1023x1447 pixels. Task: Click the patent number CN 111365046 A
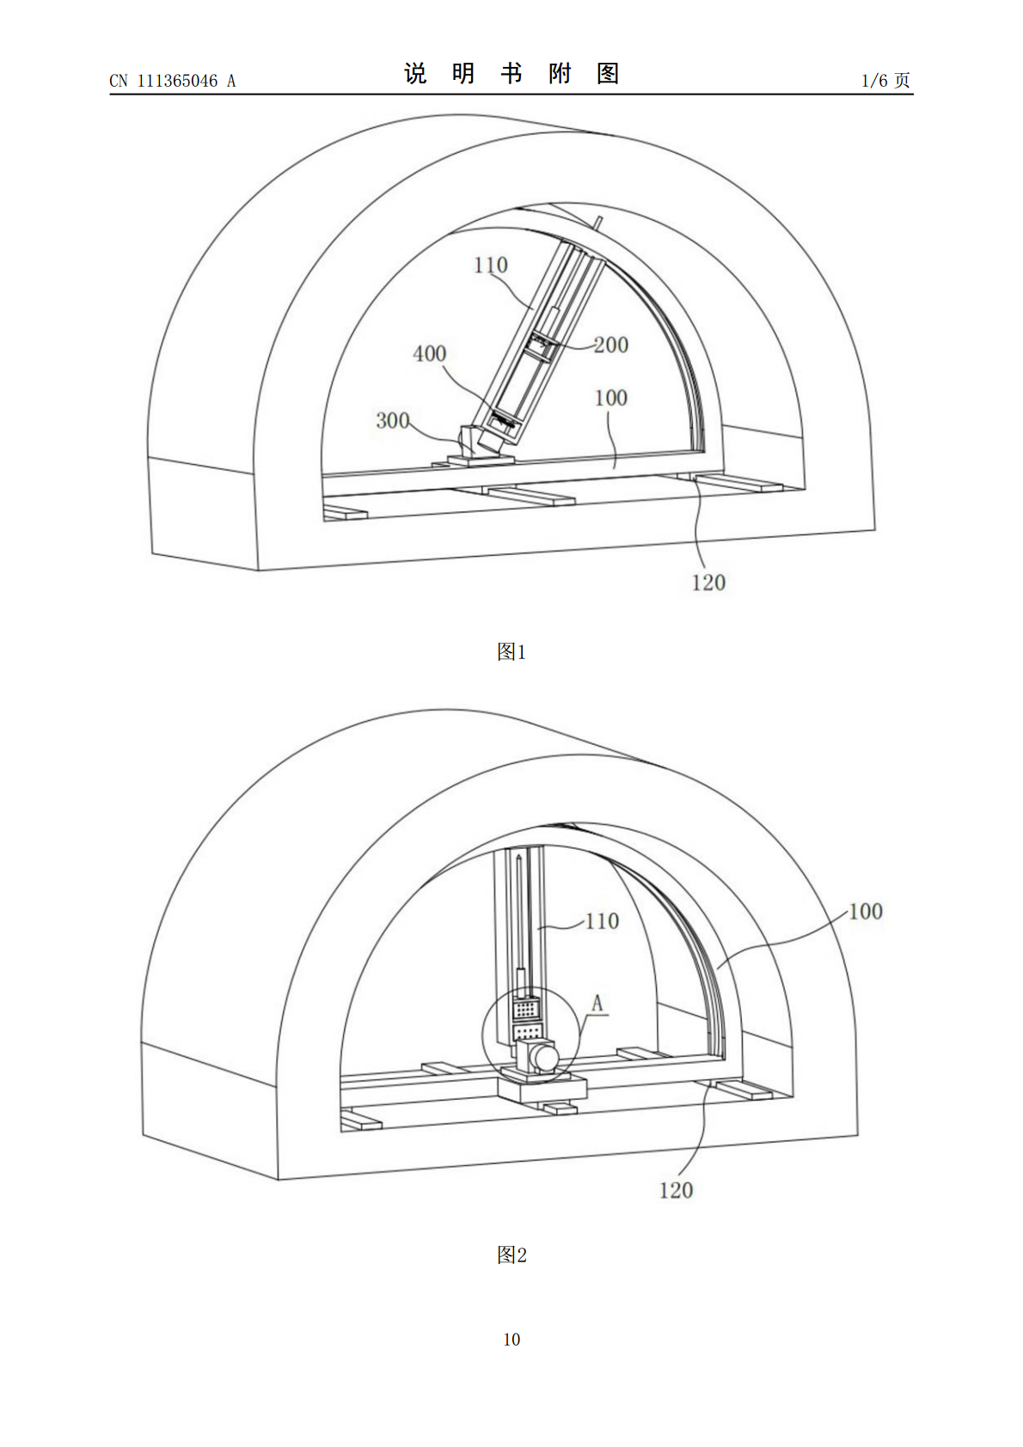[x=173, y=81]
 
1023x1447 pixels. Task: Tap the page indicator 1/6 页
[x=885, y=80]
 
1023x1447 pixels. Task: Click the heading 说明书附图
[x=512, y=73]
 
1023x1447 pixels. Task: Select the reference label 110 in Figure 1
[x=491, y=265]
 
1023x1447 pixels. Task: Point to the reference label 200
[x=610, y=345]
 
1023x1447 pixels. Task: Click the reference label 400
[x=430, y=353]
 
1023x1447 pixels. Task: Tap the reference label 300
[x=393, y=420]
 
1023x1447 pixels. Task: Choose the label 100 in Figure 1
[x=610, y=398]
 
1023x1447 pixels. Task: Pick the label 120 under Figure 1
[x=708, y=583]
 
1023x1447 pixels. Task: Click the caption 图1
[x=512, y=652]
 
